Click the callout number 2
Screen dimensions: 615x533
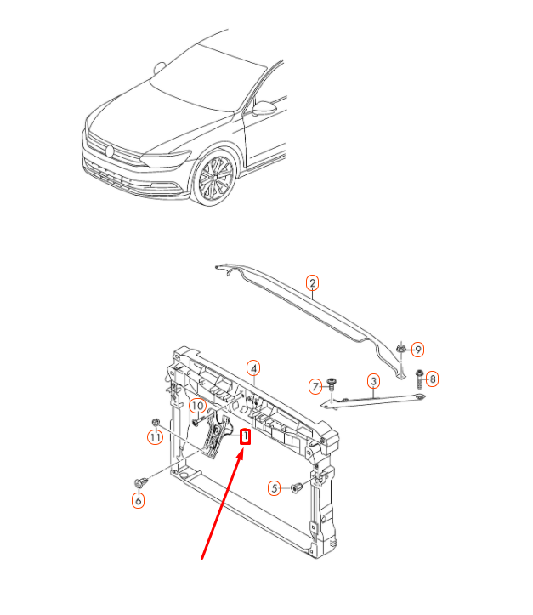coord(312,283)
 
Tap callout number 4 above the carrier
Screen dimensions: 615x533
coord(253,367)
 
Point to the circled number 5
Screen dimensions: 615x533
coord(275,487)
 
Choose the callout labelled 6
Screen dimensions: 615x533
coord(138,501)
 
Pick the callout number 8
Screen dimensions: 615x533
coord(432,379)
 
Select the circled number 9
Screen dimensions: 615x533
coord(417,349)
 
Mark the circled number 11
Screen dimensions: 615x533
coord(154,438)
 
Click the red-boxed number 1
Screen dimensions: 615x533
coord(246,437)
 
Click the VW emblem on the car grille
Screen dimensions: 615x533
coord(110,151)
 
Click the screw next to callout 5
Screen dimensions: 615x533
coord(297,487)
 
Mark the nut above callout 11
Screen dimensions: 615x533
coord(155,423)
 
